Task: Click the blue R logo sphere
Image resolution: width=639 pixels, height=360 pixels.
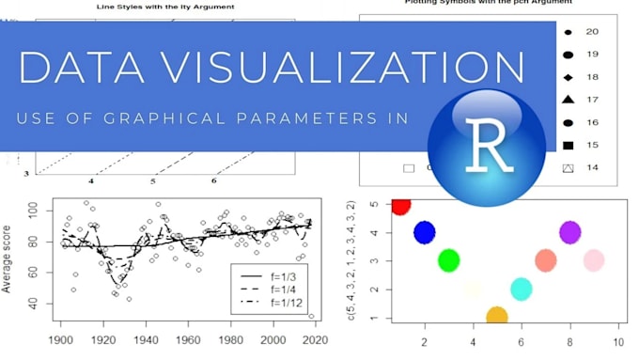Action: pyautogui.click(x=486, y=147)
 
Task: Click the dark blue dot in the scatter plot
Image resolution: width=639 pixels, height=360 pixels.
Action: pyautogui.click(x=425, y=231)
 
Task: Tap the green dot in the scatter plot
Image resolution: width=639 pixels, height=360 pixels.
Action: pyautogui.click(x=448, y=260)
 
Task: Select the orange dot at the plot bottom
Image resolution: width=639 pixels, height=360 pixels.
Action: pyautogui.click(x=497, y=318)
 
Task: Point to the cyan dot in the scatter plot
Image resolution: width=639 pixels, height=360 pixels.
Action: pyautogui.click(x=522, y=289)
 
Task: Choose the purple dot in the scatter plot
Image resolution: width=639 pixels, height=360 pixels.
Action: pyautogui.click(x=569, y=231)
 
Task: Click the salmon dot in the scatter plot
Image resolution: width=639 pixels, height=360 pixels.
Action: pyautogui.click(x=546, y=260)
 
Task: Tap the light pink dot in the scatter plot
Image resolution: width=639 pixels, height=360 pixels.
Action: pyautogui.click(x=594, y=260)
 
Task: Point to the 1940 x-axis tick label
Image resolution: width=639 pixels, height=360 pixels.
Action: pyautogui.click(x=145, y=339)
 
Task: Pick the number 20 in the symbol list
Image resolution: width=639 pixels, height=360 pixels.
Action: pyautogui.click(x=592, y=32)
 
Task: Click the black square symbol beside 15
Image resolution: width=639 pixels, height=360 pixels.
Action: pyautogui.click(x=567, y=145)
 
